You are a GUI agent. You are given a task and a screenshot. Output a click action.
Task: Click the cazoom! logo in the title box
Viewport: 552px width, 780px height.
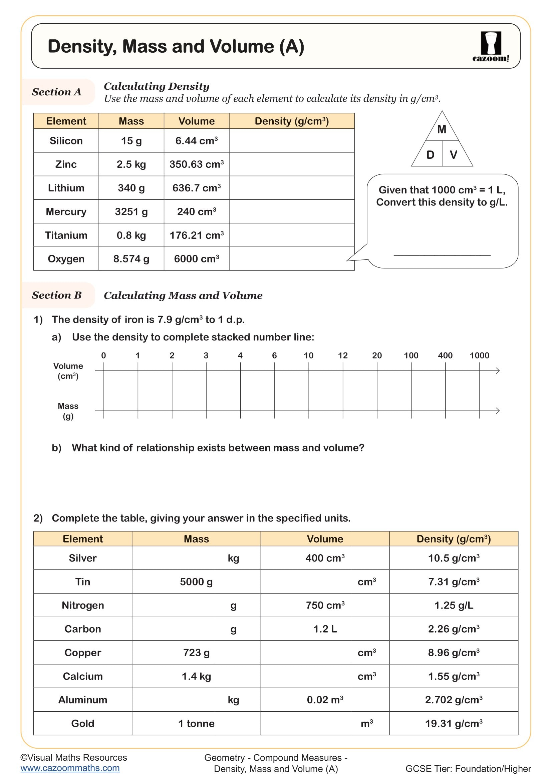(491, 47)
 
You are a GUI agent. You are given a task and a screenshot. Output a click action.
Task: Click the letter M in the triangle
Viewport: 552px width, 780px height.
(442, 129)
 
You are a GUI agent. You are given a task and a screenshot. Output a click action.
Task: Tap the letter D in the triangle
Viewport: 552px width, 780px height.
(430, 155)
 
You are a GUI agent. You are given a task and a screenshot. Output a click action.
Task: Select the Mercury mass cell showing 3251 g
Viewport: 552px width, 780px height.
(131, 212)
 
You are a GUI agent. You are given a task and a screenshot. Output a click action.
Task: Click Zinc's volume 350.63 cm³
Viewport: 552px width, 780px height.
(197, 164)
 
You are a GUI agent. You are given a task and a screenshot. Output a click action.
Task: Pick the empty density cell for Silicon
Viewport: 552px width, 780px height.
(291, 141)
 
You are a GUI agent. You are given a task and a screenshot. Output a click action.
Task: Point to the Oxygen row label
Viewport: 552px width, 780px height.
(66, 259)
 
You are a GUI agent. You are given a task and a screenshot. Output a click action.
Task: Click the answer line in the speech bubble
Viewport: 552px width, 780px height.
(442, 255)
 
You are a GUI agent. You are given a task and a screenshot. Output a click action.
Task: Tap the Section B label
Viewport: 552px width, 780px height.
(57, 295)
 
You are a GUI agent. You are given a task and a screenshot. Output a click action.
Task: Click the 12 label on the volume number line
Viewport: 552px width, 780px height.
(343, 356)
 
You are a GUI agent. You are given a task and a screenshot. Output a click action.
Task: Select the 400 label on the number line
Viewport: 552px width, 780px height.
(445, 356)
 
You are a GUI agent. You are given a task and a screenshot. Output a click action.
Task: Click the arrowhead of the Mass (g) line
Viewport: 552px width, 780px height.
(498, 411)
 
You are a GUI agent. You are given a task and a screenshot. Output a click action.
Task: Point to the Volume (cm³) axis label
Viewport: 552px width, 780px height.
(68, 371)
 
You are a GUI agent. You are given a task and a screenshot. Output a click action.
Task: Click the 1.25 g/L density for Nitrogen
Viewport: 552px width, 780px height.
(454, 605)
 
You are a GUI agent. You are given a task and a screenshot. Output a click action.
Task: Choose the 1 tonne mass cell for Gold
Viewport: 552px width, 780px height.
(196, 724)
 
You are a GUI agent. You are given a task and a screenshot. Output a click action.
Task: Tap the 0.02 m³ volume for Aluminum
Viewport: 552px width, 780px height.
(325, 700)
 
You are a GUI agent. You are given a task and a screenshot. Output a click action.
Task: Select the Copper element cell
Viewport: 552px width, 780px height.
(82, 653)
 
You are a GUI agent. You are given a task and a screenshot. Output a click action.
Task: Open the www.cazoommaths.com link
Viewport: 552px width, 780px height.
(70, 768)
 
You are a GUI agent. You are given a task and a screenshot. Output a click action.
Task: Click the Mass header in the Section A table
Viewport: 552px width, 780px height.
(131, 121)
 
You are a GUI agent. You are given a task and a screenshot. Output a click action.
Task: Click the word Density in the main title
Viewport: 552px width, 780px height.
(81, 47)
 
